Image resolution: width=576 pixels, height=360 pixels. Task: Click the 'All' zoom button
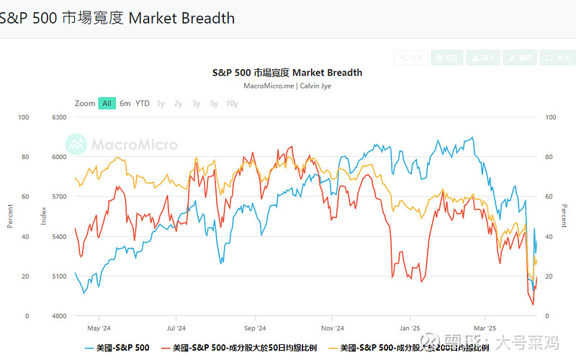pos(107,103)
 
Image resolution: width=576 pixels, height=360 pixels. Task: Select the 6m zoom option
pos(125,103)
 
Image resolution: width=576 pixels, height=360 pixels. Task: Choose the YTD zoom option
pos(143,103)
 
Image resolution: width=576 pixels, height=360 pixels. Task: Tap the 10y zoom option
pos(232,103)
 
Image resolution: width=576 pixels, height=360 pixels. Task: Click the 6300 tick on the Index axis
pos(60,117)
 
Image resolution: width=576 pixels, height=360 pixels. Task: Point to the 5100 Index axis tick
pos(60,276)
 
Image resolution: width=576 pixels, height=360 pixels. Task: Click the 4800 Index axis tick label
pos(60,316)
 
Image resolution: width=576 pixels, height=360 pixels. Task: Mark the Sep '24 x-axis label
pos(255,326)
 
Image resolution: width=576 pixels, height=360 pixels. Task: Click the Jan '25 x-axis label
pos(410,326)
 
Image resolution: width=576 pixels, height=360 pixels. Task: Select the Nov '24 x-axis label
pos(332,326)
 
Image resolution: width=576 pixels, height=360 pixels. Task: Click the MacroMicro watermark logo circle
pos(77,144)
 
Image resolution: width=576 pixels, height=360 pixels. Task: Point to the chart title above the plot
pos(287,73)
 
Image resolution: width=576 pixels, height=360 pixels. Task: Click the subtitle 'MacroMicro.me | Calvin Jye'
pos(287,86)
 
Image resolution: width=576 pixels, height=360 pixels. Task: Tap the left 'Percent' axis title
pos(10,216)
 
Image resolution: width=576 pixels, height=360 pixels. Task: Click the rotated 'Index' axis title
pos(43,216)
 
